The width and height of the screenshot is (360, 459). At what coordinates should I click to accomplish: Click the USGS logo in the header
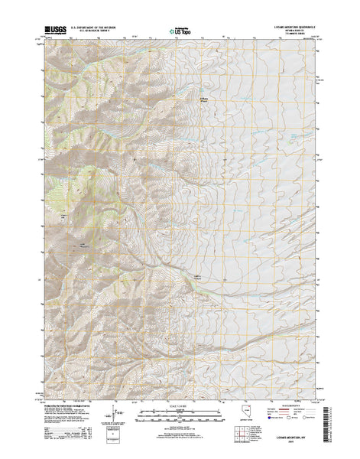[55, 28]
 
